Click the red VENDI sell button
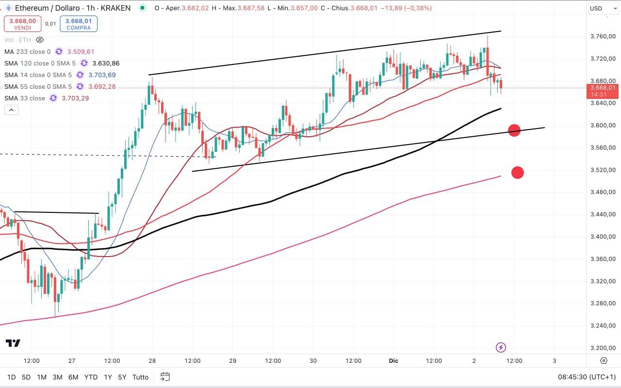point(22,24)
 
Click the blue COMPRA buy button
point(79,24)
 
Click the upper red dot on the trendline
point(514,130)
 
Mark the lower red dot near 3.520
point(518,172)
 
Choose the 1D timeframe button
point(11,377)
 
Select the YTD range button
point(91,377)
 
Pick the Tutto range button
point(141,377)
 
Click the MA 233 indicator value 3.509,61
point(81,51)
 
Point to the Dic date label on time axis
point(393,361)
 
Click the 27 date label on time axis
point(72,361)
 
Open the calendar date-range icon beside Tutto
point(165,377)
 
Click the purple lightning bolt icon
point(501,347)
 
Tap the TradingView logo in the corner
point(13,343)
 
